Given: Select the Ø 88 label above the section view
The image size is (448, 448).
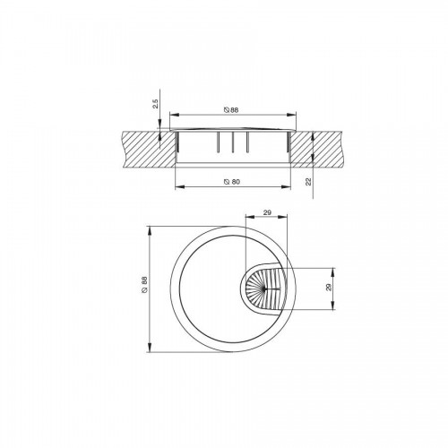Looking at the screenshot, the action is click(231, 110).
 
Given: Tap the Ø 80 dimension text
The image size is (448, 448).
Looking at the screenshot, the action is click(232, 182).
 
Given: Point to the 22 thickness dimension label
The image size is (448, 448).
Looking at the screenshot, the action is click(308, 181).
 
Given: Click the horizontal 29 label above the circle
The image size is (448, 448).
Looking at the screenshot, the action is click(267, 212).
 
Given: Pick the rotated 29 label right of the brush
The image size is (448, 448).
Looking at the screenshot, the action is click(329, 288).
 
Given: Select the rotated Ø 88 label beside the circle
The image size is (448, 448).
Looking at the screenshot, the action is click(144, 285).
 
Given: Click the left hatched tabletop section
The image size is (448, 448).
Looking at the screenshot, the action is click(149, 149).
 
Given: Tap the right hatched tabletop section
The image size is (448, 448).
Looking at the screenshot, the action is click(316, 149).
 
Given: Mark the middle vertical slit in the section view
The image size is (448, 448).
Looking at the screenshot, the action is click(232, 142).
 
